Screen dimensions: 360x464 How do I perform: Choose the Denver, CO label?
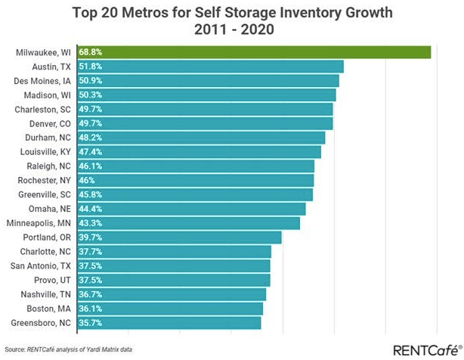51,123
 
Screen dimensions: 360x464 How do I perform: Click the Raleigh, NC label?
50,166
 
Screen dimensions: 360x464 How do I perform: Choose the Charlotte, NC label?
48,252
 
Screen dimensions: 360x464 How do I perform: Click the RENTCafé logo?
424,349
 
